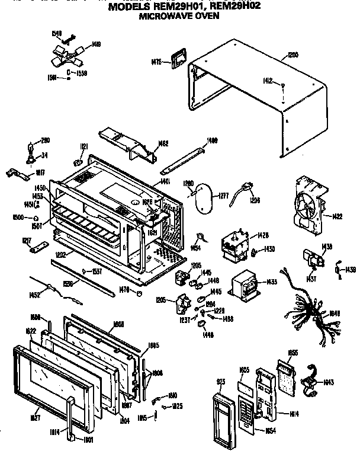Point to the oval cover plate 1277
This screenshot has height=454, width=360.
coord(201,197)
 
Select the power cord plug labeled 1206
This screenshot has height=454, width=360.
coord(245,194)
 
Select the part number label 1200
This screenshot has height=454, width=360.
coord(292,56)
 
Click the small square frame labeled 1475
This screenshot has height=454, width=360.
coord(176,60)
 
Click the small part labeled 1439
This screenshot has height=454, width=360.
coord(337,270)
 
